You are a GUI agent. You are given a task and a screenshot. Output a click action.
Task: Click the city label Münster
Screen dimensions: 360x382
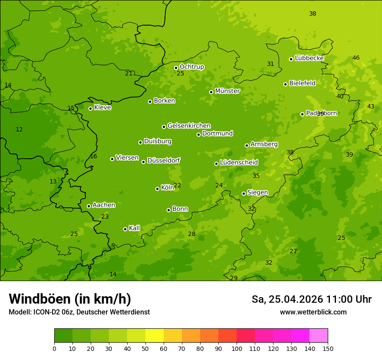227,91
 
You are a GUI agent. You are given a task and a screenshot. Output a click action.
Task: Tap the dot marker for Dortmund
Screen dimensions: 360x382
199,134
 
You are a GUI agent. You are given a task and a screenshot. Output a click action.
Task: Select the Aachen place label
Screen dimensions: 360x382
104,205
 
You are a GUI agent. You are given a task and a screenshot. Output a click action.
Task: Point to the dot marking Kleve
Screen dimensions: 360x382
90,108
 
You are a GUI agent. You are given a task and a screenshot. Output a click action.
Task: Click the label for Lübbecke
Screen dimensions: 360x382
309,58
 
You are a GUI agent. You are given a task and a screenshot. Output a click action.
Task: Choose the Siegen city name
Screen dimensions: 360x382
257,193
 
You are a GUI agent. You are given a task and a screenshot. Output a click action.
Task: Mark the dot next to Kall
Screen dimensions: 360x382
125,229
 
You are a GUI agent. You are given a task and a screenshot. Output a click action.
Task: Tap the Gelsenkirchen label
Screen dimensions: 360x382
189,126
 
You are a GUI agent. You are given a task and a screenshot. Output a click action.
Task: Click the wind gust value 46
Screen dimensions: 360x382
356,58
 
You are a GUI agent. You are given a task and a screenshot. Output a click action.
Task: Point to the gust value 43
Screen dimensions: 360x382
371,106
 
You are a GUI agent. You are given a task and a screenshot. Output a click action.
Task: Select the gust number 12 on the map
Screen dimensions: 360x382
19,129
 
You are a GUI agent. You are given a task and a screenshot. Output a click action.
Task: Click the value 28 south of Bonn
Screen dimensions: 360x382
192,234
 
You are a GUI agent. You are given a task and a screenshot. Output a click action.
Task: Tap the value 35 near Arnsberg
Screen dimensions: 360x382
256,176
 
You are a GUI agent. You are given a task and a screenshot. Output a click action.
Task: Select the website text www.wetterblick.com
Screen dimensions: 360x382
313,312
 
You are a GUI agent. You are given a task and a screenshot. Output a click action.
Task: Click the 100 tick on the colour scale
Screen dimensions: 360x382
237,348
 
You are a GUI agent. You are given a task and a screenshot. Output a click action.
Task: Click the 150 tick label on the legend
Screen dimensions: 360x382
328,348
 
